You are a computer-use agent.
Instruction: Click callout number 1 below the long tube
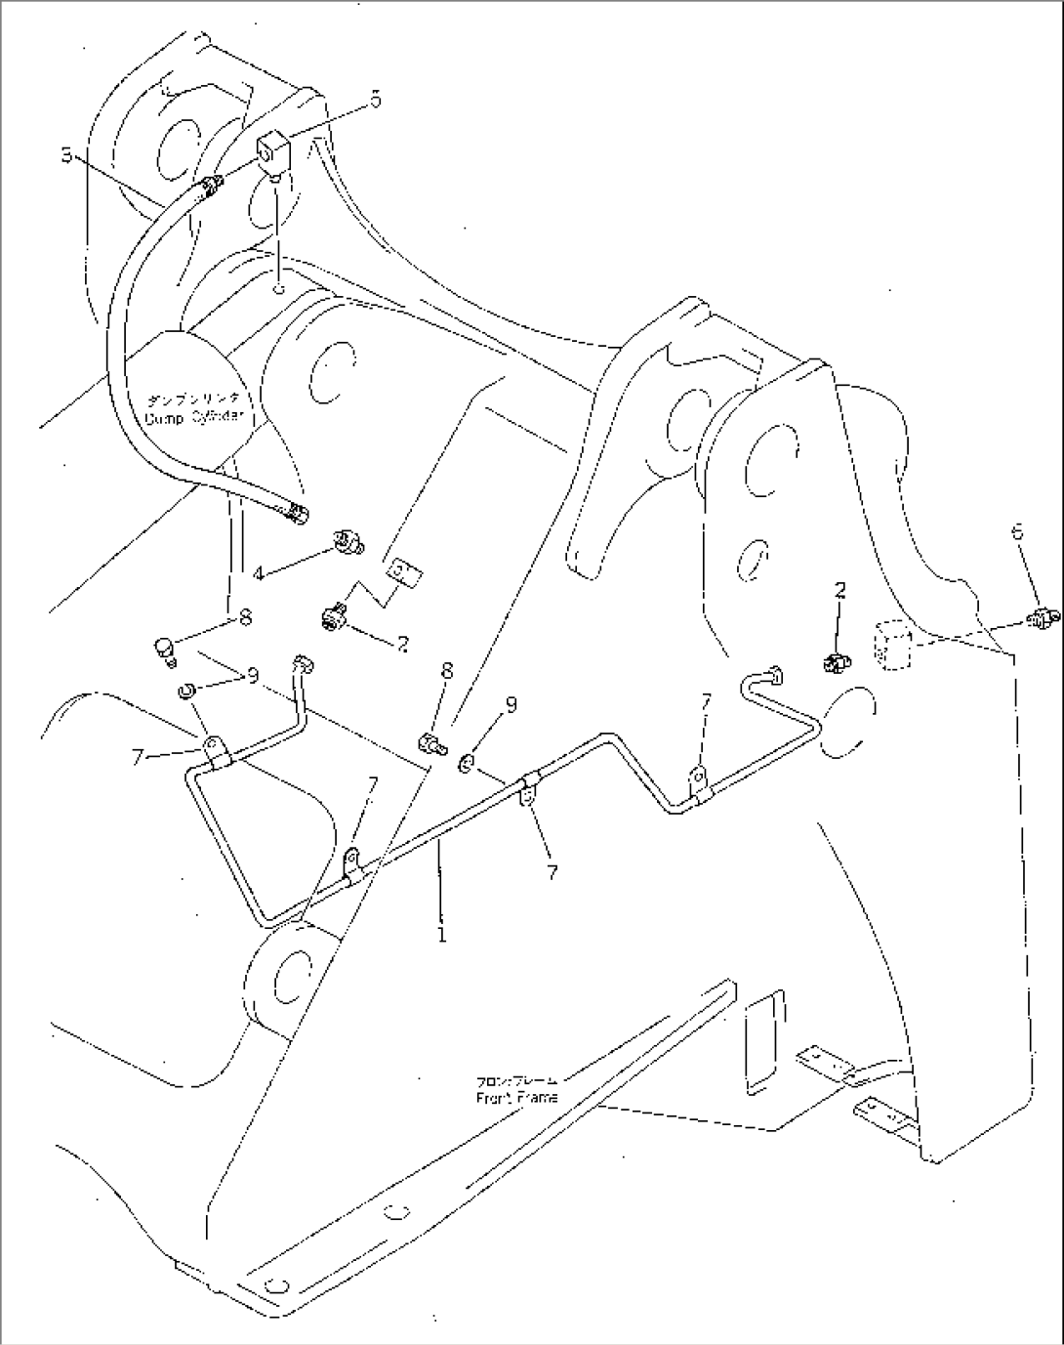442,935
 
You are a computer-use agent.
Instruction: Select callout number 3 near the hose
66,154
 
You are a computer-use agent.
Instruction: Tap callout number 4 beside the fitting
259,574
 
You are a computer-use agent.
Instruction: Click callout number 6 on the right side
1017,531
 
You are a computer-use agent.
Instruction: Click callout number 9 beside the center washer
511,703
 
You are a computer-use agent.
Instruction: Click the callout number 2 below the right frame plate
839,589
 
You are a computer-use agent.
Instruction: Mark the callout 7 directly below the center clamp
552,872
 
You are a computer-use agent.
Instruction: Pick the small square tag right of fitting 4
402,571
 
